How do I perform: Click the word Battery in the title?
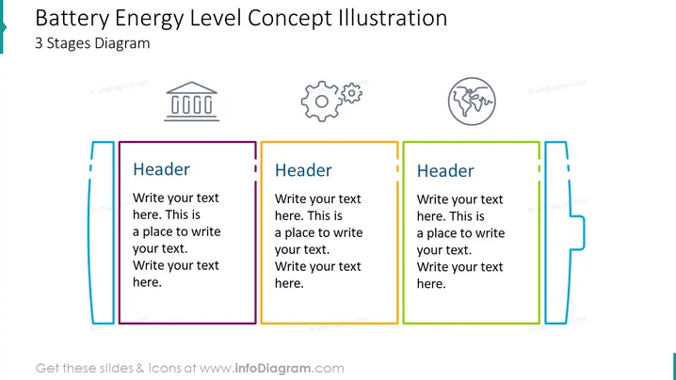point(72,20)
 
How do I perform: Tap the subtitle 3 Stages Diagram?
point(92,43)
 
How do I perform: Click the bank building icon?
point(192,102)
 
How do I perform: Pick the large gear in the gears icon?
point(321,102)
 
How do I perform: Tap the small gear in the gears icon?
point(352,92)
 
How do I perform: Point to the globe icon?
point(472,102)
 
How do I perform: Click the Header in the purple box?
point(161,169)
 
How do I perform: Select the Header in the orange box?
point(303,170)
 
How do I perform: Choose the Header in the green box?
point(445,171)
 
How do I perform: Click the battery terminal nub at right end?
point(578,232)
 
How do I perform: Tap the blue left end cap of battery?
point(102,232)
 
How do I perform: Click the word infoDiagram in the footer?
point(272,369)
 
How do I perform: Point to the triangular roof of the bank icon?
point(192,87)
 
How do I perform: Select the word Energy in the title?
point(149,20)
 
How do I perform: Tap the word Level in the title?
point(215,18)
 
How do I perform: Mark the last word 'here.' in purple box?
point(147,282)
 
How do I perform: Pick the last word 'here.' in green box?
point(431,284)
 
